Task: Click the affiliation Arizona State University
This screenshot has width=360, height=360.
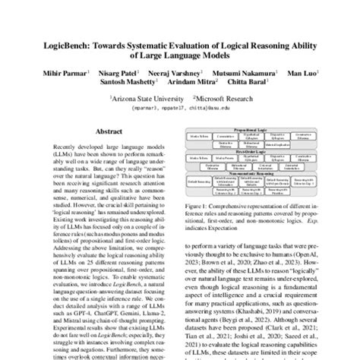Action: [x=145, y=99]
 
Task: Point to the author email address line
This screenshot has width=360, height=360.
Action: [x=180, y=108]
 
